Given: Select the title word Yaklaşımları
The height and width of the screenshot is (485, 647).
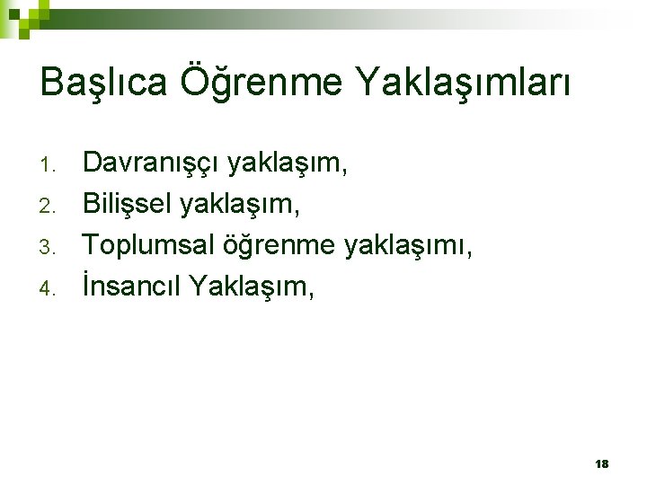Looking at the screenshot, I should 463,84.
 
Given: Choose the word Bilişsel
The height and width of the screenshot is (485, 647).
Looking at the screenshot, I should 128,204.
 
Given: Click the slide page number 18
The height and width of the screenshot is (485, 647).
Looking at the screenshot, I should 601,463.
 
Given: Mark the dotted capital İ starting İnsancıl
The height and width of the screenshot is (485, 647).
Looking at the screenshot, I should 86,286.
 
